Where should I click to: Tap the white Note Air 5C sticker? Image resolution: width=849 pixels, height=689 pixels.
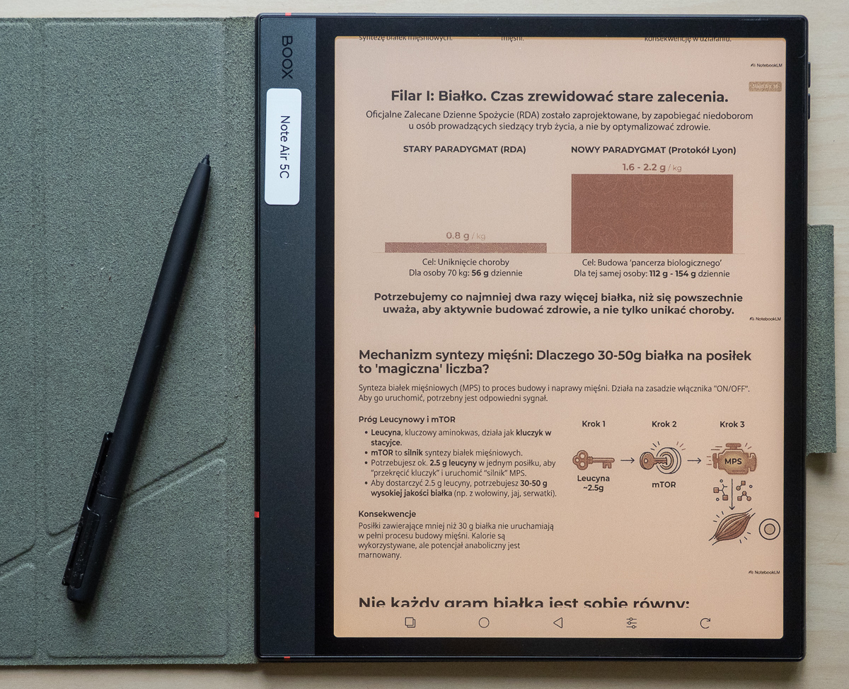point(283,147)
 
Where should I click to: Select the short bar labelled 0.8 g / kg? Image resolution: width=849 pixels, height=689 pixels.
point(466,247)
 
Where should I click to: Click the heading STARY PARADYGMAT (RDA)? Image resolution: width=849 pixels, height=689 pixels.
point(464,149)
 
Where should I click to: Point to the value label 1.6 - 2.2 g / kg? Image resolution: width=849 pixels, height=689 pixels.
point(652,166)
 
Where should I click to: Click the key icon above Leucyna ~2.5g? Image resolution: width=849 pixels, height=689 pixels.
point(593,460)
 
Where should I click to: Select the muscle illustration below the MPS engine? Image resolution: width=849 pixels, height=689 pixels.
point(732,527)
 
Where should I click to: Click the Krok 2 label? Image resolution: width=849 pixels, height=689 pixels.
point(664,424)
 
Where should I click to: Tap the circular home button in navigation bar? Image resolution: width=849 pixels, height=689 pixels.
point(484,622)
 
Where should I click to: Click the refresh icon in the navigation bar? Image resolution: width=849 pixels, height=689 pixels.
point(705,623)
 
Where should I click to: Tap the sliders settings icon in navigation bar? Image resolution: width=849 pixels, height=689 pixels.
point(631,623)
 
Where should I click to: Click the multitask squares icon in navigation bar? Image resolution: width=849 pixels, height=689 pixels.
point(410,622)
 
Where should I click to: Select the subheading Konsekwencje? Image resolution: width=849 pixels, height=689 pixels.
point(387,513)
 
